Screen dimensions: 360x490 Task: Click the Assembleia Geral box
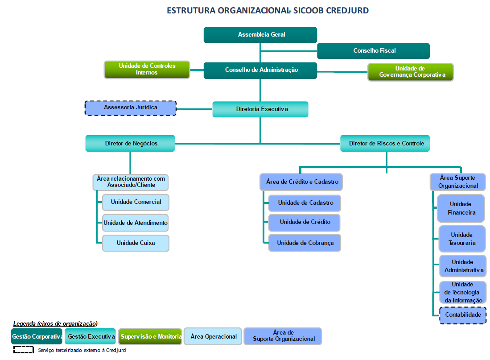coord(260,35)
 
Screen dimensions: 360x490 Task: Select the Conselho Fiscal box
coord(373,51)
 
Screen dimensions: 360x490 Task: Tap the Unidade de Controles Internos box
coord(147,70)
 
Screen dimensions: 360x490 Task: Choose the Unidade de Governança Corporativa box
coord(410,72)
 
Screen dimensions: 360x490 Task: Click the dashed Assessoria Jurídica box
coord(131,108)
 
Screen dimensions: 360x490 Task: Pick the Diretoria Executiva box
coord(260,109)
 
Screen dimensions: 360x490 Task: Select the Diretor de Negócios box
coord(130,143)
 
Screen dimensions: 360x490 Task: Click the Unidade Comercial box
coord(136,202)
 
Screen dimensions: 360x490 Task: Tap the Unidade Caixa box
coord(136,243)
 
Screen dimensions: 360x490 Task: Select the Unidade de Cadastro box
coord(305,203)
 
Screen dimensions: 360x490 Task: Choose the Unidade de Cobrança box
coord(305,243)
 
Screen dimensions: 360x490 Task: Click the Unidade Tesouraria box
coord(461,239)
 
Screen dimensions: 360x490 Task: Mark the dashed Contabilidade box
coord(463,315)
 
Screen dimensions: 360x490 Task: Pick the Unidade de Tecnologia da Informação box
coord(463,293)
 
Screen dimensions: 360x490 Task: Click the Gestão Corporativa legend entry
coord(37,337)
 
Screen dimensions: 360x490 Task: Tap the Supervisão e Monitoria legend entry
coord(150,337)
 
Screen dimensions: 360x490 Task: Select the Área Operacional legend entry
coord(213,337)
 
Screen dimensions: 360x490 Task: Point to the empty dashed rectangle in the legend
coord(24,350)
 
